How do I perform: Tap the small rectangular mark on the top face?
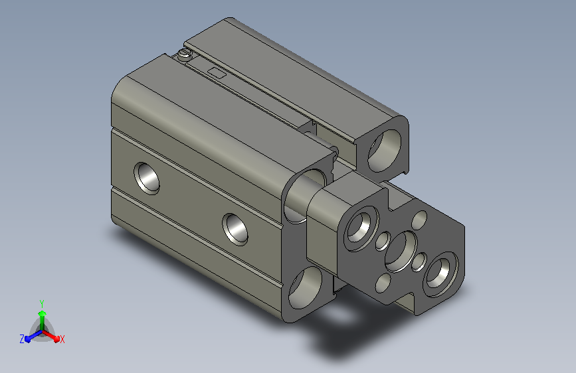click(x=217, y=73)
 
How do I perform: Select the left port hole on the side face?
click(x=147, y=179)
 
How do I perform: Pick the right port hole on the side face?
click(x=235, y=230)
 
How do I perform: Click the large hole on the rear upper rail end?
click(x=384, y=151)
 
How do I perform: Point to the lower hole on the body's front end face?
click(x=305, y=287)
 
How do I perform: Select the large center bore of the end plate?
click(x=401, y=252)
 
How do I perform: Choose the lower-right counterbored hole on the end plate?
click(x=441, y=274)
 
